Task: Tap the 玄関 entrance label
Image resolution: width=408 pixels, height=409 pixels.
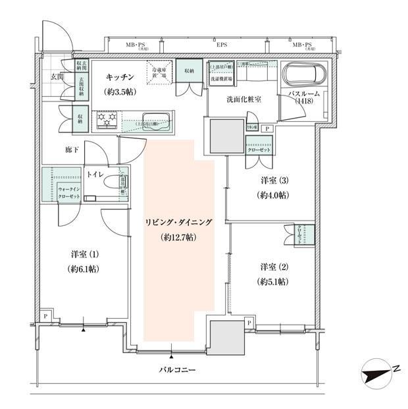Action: [x=57, y=76]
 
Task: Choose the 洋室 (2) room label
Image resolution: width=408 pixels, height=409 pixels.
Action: [x=272, y=273]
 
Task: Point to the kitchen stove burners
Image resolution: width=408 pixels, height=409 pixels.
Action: [x=108, y=119]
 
